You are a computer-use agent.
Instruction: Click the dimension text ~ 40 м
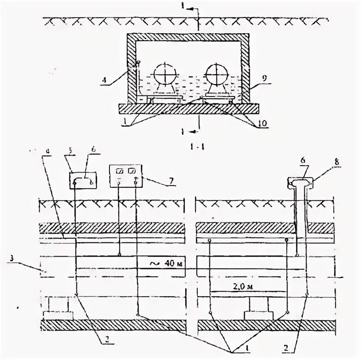(x=160, y=264)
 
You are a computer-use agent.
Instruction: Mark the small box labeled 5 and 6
(x=84, y=180)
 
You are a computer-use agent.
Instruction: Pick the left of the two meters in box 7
(x=119, y=171)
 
